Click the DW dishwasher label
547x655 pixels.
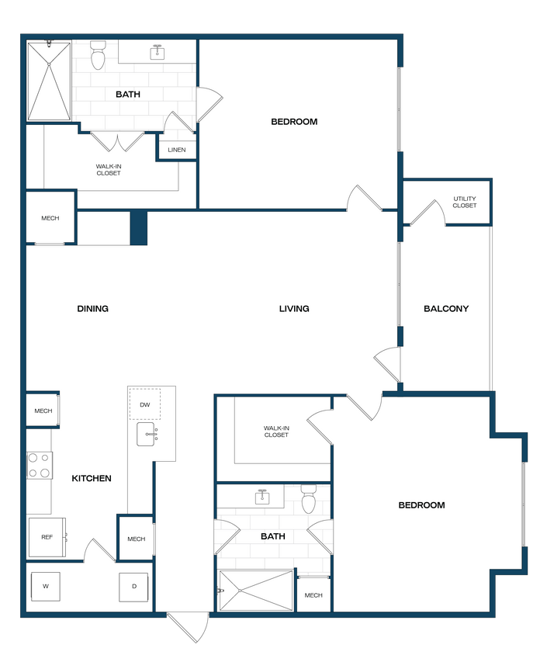pyautogui.click(x=144, y=404)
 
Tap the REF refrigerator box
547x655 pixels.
pyautogui.click(x=47, y=537)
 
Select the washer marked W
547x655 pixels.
pyautogui.click(x=45, y=586)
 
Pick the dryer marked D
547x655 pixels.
pyautogui.click(x=133, y=587)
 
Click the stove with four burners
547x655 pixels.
pyautogui.click(x=40, y=466)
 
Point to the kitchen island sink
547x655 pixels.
pyautogui.click(x=147, y=435)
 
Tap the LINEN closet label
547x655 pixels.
pyautogui.click(x=177, y=150)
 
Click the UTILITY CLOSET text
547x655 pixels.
pyautogui.click(x=465, y=202)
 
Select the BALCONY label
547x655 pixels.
pyautogui.click(x=446, y=309)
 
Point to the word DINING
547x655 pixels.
pyautogui.click(x=92, y=309)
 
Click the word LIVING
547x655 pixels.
pyautogui.click(x=294, y=309)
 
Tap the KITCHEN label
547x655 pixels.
pyautogui.click(x=92, y=479)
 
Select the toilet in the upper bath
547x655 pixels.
pyautogui.click(x=98, y=56)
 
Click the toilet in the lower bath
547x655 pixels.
pyautogui.click(x=308, y=501)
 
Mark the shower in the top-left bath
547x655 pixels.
pyautogui.click(x=49, y=81)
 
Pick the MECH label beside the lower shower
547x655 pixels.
pyautogui.click(x=313, y=595)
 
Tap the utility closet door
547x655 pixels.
pyautogui.click(x=424, y=211)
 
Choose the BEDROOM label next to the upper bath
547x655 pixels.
pyautogui.click(x=294, y=122)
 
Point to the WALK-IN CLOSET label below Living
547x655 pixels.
pyautogui.click(x=276, y=431)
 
